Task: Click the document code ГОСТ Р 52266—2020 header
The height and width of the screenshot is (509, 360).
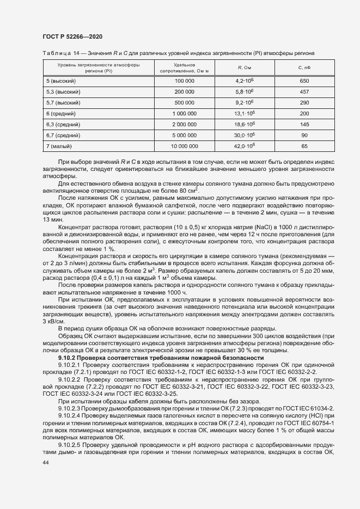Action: (x=72, y=36)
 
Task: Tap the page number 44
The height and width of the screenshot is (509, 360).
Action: (x=46, y=462)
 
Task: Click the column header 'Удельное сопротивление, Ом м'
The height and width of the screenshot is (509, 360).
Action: (x=184, y=68)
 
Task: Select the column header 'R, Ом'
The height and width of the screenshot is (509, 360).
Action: (x=244, y=68)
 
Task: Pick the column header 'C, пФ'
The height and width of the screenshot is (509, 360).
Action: (x=304, y=68)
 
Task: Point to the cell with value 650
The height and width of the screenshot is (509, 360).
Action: (x=304, y=81)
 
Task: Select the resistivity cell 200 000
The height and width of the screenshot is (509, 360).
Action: (x=184, y=91)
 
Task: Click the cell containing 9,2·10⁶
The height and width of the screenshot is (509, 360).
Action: (x=245, y=102)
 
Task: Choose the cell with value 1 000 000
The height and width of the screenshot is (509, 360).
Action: (x=184, y=113)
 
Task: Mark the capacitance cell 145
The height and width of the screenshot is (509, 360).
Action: (x=304, y=124)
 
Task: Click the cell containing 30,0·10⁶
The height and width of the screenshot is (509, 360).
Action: (x=245, y=135)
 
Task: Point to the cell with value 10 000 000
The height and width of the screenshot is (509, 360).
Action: (x=184, y=146)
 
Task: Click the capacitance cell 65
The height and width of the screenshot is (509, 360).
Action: (x=304, y=146)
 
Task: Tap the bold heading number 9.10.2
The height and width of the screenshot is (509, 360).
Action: (x=67, y=358)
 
